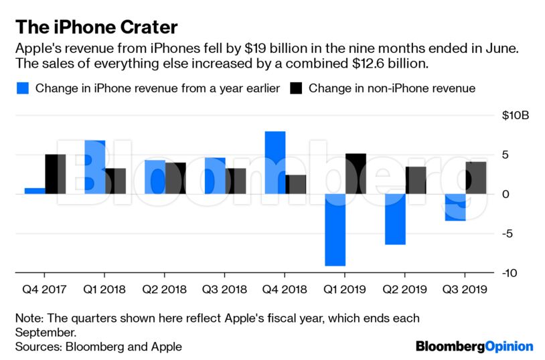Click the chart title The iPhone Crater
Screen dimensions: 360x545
96,27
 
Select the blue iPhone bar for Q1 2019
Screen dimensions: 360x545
335,230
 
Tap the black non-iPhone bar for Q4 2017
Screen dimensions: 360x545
55,174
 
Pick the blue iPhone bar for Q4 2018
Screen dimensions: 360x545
275,163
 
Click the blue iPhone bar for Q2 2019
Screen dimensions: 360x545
395,219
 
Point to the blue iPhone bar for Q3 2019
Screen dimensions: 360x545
455,207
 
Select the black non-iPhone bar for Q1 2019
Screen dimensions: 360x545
356,174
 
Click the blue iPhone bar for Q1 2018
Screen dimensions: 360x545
94,167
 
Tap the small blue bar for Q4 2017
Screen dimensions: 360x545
34,191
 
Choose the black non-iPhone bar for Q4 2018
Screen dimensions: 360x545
296,184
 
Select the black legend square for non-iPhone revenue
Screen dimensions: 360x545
295,88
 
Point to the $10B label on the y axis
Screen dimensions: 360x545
516,116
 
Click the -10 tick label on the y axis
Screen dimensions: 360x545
510,273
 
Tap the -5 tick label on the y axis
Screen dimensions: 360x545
511,234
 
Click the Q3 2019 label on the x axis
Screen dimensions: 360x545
464,290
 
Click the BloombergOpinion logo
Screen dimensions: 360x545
474,346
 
